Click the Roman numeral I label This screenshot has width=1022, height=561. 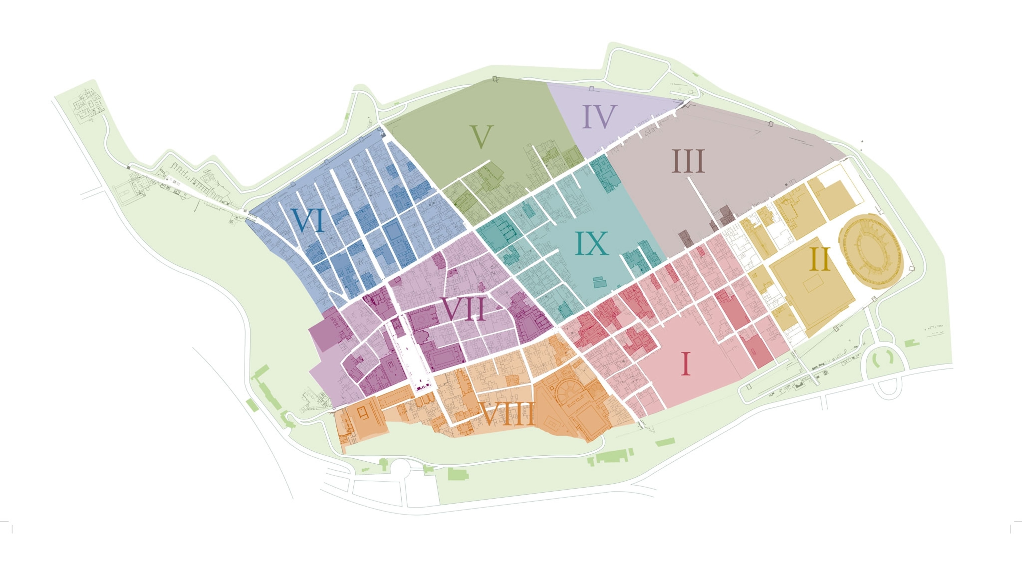686,364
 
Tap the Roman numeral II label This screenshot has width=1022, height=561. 820,259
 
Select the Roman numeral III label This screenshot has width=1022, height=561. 688,162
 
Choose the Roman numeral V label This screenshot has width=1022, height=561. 481,137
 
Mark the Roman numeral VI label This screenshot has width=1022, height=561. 308,220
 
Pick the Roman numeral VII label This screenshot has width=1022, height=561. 463,309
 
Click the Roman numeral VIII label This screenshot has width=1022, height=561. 508,413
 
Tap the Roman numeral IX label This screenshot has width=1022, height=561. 592,243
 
